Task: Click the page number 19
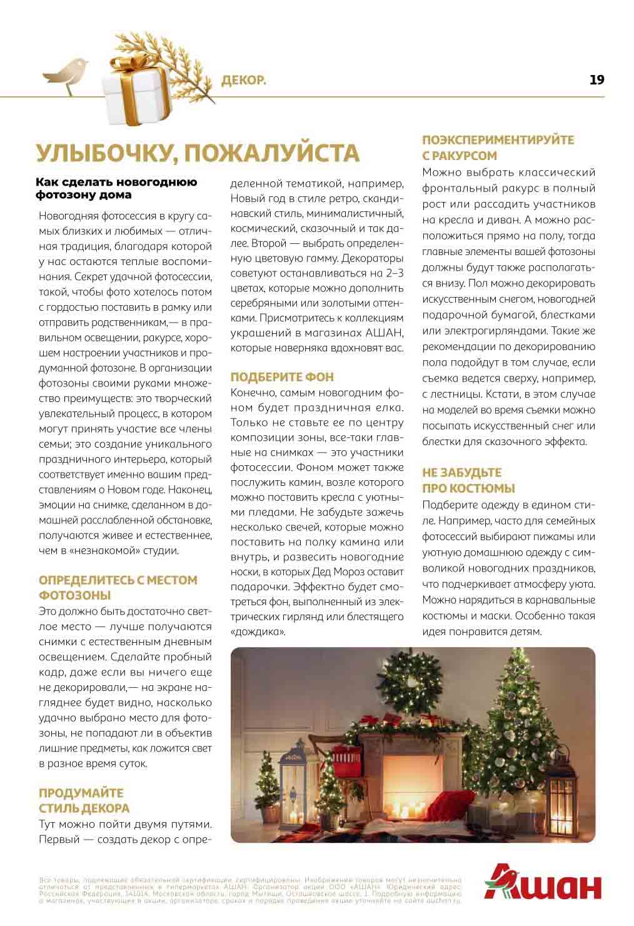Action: click(x=596, y=79)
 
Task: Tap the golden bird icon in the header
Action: click(x=65, y=74)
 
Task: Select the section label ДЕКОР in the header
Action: click(x=244, y=80)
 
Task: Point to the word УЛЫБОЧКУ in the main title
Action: click(x=103, y=153)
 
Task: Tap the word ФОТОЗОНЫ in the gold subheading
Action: click(x=74, y=595)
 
